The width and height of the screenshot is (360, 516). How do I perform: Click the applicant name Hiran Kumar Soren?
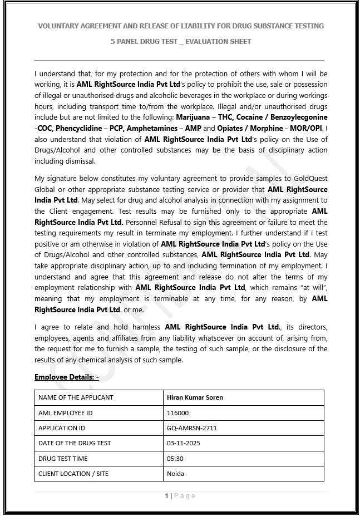pos(194,397)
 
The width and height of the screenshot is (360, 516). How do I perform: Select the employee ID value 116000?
pos(177,413)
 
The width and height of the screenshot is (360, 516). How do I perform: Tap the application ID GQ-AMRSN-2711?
pos(192,428)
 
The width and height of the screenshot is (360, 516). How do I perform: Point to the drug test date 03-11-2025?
pos(183,443)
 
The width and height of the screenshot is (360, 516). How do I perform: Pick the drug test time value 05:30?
pos(175,459)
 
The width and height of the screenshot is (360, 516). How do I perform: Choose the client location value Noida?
pos(175,474)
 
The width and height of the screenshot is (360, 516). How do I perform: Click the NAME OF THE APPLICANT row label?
pos(76,397)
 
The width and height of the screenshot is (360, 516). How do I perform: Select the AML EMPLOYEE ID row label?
pos(65,413)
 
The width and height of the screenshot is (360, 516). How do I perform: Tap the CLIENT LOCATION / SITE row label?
pos(73,474)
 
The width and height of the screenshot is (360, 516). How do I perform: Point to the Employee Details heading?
pos(66,377)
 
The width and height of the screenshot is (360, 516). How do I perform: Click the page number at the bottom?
pos(180,495)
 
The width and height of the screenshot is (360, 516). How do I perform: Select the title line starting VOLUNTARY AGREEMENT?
pos(180,26)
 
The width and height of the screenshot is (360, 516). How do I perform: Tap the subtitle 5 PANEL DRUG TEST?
pos(180,42)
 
